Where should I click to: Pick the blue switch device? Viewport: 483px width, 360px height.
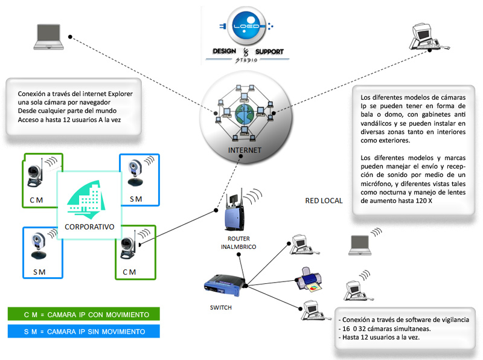pyautogui.click(x=224, y=283)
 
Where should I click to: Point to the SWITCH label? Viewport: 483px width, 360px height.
pyautogui.click(x=220, y=307)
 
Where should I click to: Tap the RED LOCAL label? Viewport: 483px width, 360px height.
pyautogui.click(x=324, y=201)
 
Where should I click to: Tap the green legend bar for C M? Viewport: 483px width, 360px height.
pyautogui.click(x=84, y=315)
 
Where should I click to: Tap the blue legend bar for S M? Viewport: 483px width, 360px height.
pyautogui.click(x=84, y=332)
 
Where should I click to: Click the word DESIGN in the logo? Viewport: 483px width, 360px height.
pyautogui.click(x=225, y=52)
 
